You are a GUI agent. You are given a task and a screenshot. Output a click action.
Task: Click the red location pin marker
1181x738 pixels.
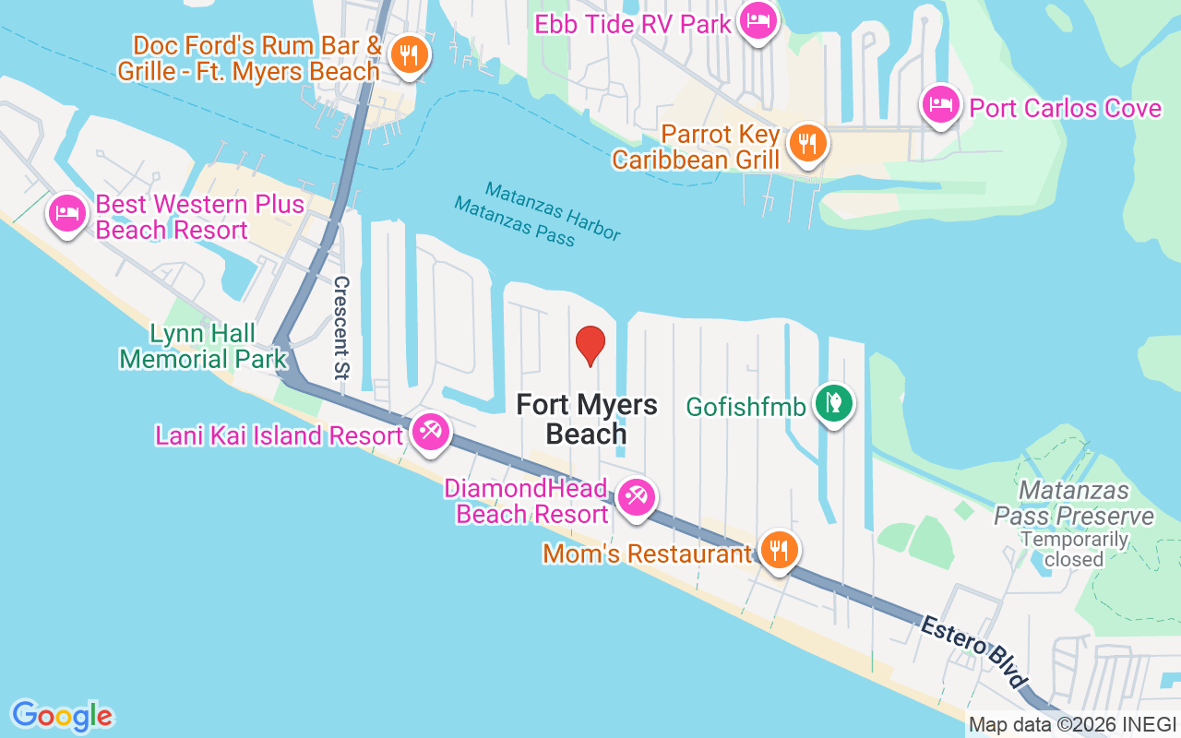590,345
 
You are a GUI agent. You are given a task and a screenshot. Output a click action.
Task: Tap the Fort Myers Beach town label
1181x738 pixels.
587,419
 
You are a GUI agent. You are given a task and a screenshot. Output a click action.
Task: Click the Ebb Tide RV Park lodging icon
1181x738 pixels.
758,20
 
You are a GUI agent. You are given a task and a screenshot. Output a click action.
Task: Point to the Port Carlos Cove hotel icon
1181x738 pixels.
940,105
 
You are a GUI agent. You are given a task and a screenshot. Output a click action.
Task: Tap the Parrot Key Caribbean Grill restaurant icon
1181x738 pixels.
807,143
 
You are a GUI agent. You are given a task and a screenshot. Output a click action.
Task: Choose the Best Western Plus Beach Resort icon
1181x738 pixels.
67,213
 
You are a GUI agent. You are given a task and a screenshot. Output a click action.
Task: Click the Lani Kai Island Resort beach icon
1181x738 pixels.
430,432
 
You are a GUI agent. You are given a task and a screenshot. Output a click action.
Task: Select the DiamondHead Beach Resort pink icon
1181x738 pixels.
636,497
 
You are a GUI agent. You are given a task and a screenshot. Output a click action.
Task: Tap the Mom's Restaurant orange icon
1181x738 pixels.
780,551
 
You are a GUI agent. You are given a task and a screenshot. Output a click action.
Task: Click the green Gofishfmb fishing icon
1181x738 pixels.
833,402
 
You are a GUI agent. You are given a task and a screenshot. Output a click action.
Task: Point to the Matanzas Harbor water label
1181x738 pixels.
553,209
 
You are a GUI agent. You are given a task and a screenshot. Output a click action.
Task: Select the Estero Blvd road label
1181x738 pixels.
973,652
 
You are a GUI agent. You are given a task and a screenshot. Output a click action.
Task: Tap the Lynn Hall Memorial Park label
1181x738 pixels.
203,346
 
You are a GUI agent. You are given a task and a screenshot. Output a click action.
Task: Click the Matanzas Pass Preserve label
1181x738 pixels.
1074,502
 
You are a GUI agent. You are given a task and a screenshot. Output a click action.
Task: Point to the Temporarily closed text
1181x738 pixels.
1074,549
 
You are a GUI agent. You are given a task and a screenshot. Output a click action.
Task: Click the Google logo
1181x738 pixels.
63,716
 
